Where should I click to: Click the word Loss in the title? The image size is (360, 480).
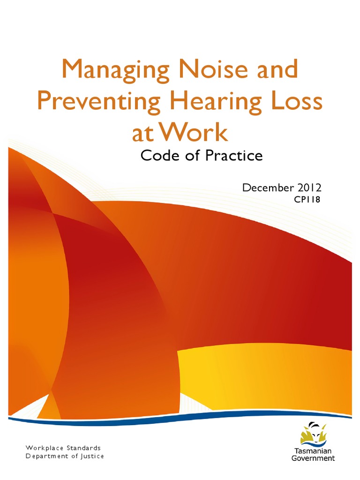point(296,102)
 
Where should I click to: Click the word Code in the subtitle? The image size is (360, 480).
point(160,156)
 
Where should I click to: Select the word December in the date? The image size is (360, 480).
point(265,188)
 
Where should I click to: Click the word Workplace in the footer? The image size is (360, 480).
point(44,448)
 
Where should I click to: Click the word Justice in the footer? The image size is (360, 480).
point(91,456)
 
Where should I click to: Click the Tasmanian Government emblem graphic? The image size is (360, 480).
point(313,434)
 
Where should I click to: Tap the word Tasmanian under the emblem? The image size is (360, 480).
point(313,451)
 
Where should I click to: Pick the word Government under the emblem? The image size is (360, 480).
point(313,458)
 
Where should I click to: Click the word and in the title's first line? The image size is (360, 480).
point(276,70)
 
